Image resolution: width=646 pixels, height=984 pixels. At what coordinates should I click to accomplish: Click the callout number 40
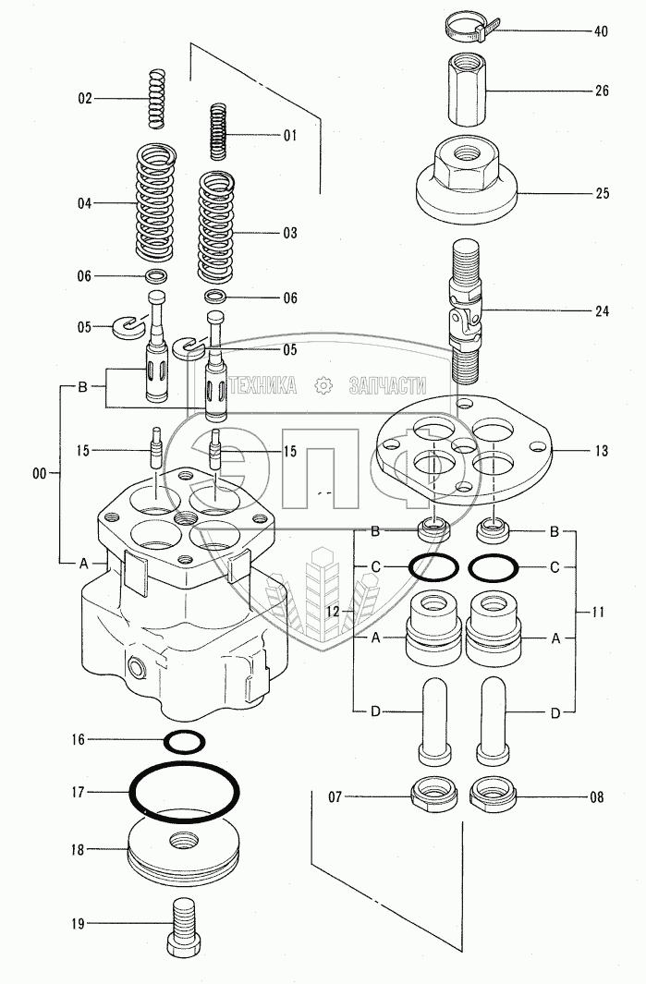click(x=601, y=31)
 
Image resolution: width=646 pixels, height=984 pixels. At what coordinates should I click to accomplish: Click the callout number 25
click(x=601, y=194)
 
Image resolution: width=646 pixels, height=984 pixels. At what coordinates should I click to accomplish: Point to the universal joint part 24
click(x=465, y=310)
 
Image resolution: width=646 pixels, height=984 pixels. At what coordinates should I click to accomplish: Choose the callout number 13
click(x=601, y=451)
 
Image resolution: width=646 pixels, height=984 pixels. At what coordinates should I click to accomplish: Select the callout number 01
click(x=289, y=136)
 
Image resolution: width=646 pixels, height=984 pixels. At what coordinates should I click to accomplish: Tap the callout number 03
click(x=289, y=231)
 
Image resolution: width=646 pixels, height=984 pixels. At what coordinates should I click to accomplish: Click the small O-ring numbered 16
click(x=184, y=739)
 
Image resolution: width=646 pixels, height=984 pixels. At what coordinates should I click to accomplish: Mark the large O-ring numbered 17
click(x=185, y=792)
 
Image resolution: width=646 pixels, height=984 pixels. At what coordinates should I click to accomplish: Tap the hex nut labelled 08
click(x=494, y=793)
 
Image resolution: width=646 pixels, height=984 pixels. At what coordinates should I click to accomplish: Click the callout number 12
click(x=333, y=611)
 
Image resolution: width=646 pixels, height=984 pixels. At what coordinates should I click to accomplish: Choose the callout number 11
click(x=600, y=611)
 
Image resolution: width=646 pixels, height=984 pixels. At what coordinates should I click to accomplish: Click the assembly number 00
click(x=39, y=473)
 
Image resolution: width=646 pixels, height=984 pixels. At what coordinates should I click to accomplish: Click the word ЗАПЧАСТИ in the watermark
click(x=387, y=386)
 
